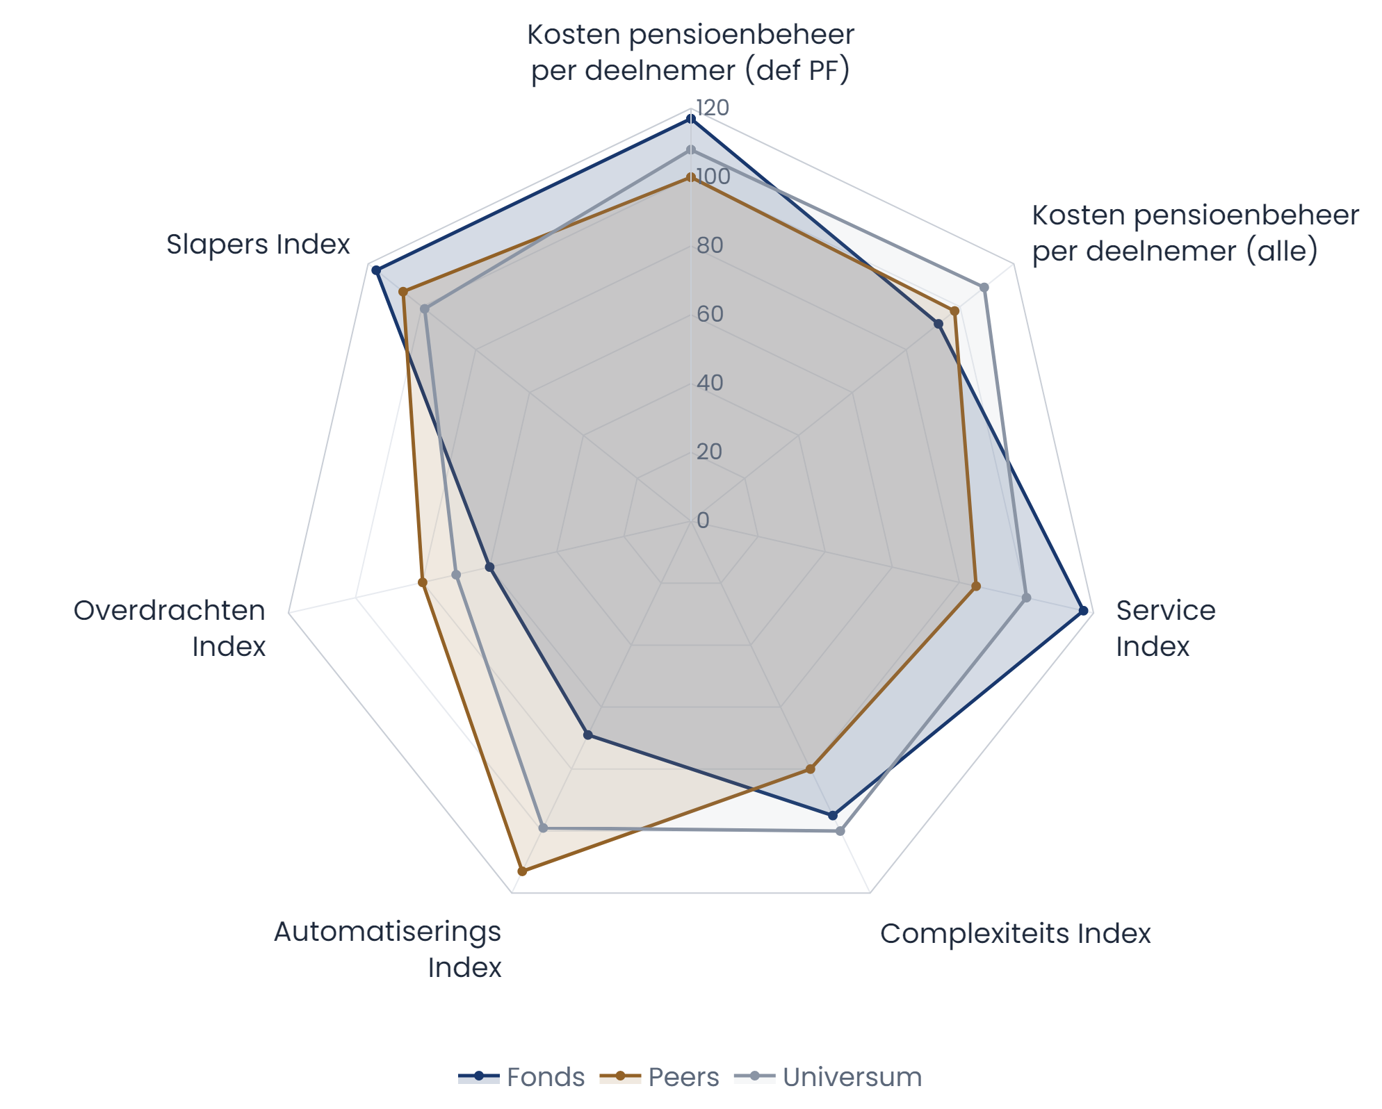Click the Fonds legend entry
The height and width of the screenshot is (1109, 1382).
point(521,1077)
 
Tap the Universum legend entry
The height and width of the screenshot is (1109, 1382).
point(827,1077)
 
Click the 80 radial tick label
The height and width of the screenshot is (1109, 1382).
point(710,245)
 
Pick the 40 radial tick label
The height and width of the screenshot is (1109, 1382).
point(710,383)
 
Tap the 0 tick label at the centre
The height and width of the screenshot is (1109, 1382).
point(703,520)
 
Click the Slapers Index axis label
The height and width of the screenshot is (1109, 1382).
point(258,245)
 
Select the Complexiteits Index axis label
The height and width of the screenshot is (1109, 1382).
point(1015,934)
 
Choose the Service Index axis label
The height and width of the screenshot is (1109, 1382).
point(1165,628)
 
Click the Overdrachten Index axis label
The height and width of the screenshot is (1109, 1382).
point(170,628)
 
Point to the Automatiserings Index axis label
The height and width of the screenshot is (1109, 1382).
point(387,949)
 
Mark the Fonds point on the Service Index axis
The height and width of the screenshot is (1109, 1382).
point(1082,611)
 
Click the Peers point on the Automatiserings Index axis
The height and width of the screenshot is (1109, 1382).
point(523,871)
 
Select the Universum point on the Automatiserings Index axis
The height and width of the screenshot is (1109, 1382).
point(544,828)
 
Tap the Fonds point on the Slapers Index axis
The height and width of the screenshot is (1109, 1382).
point(376,270)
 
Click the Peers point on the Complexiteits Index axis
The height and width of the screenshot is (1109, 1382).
point(810,769)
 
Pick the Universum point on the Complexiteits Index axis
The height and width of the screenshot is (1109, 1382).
point(840,831)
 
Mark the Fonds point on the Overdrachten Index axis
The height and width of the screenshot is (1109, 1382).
point(489,568)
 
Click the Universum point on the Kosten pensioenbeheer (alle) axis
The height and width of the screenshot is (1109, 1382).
point(984,287)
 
